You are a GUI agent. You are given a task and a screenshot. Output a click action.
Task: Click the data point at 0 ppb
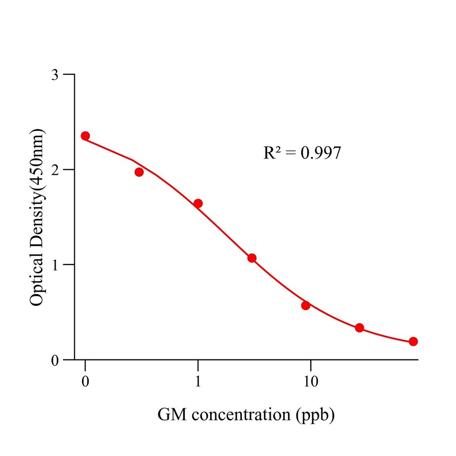tap(85, 136)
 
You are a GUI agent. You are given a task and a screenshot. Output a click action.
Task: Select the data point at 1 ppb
tap(198, 204)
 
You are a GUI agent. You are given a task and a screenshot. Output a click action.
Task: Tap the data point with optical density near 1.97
tap(139, 172)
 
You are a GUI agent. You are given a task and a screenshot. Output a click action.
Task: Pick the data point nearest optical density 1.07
tap(252, 258)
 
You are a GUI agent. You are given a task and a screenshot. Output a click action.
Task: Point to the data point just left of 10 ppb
tap(305, 305)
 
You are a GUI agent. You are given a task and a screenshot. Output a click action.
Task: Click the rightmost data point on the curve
tap(413, 342)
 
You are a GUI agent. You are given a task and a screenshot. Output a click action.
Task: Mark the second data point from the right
tap(359, 328)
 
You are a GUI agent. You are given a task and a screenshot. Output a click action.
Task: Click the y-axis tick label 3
tap(55, 74)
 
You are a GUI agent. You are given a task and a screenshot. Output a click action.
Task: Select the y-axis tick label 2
tap(55, 170)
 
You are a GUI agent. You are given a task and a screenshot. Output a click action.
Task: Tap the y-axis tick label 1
tap(55, 265)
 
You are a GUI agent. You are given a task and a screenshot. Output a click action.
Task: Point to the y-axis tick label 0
tap(55, 360)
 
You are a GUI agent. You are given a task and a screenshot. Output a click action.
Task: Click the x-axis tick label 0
tap(85, 382)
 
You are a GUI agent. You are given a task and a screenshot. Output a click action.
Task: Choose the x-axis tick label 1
tap(198, 382)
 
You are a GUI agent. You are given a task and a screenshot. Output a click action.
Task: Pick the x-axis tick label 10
tap(310, 382)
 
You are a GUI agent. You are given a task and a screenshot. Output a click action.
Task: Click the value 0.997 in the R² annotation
tap(321, 153)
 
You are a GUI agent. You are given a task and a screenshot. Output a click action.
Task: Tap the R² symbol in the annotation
tap(272, 153)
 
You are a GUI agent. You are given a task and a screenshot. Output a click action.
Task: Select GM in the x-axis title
tap(170, 415)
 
